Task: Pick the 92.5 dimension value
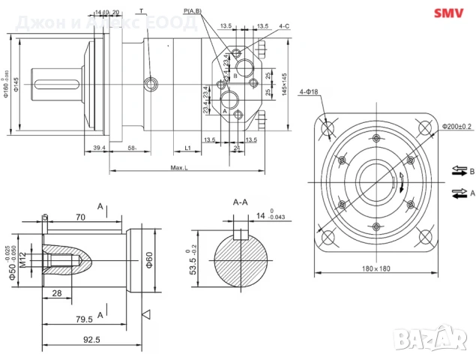(x=91, y=339)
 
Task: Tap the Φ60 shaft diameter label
(x=149, y=259)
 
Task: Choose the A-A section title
(x=241, y=202)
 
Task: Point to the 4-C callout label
(x=284, y=26)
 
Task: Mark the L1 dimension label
(x=188, y=148)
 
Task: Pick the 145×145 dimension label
(x=284, y=88)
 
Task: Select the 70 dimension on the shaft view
(x=79, y=217)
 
